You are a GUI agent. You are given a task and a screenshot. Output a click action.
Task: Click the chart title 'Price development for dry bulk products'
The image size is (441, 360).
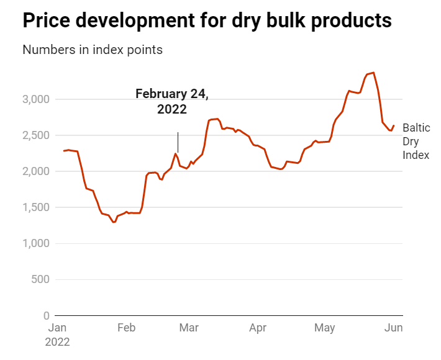(x=207, y=20)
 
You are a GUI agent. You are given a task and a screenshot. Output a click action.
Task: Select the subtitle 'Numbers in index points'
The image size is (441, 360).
(x=93, y=50)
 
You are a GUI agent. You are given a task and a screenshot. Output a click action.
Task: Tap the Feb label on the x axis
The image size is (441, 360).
(x=126, y=328)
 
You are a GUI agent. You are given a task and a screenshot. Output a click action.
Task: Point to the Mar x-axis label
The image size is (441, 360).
(x=189, y=328)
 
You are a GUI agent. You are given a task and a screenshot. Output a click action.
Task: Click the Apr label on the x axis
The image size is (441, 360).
(x=257, y=328)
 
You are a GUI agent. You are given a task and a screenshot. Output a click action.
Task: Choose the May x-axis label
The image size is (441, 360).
(x=324, y=328)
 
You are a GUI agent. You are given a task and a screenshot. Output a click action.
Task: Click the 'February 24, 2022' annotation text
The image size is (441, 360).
(x=172, y=101)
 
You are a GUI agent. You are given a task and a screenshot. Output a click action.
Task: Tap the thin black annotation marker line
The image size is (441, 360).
(x=178, y=142)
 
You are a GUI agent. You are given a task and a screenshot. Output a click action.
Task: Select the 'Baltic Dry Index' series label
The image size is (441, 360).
(x=416, y=142)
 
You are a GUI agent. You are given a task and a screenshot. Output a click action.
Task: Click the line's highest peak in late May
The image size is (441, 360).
(x=373, y=73)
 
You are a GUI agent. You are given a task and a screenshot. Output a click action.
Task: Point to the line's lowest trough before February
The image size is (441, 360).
(x=114, y=222)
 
